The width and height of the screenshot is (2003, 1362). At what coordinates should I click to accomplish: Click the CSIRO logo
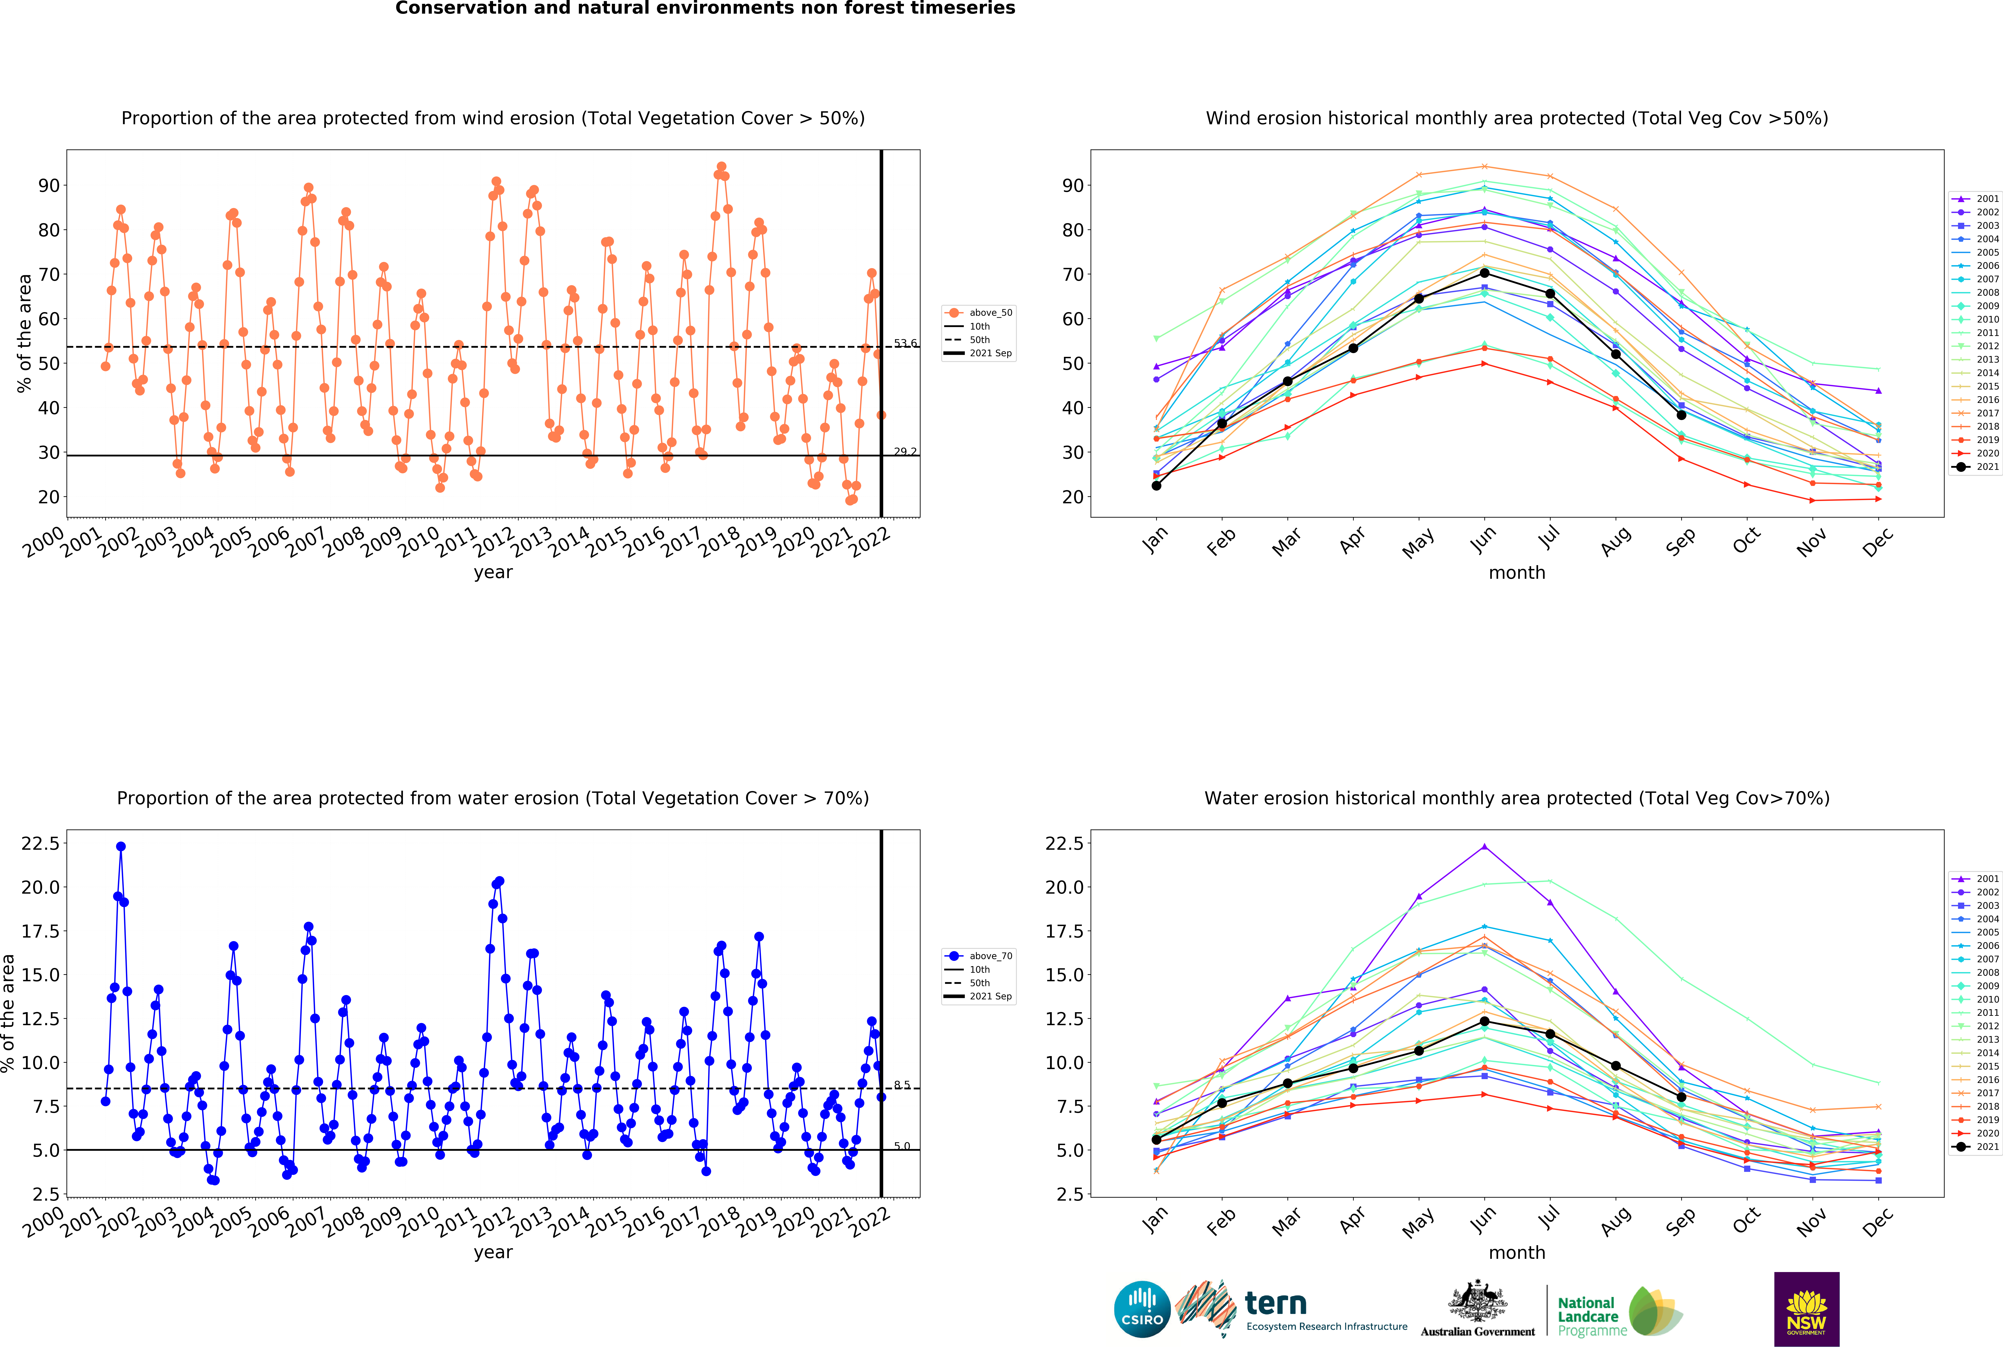[1142, 1308]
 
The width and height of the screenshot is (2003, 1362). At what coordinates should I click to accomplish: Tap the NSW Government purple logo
[1807, 1308]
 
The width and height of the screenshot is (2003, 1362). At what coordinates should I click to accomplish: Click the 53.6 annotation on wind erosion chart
[905, 343]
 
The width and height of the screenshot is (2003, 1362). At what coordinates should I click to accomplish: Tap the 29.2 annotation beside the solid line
[905, 452]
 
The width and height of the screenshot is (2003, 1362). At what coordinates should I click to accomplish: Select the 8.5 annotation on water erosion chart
[902, 1085]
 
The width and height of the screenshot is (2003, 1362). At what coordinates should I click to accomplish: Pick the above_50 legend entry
[978, 313]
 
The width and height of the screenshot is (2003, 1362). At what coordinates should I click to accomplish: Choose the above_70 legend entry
[978, 956]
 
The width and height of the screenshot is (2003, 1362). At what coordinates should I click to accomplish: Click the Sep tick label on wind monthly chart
[1680, 541]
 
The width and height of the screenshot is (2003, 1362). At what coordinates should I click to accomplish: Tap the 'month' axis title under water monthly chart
[1517, 1252]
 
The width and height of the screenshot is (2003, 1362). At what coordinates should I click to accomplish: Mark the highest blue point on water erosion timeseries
[121, 847]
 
